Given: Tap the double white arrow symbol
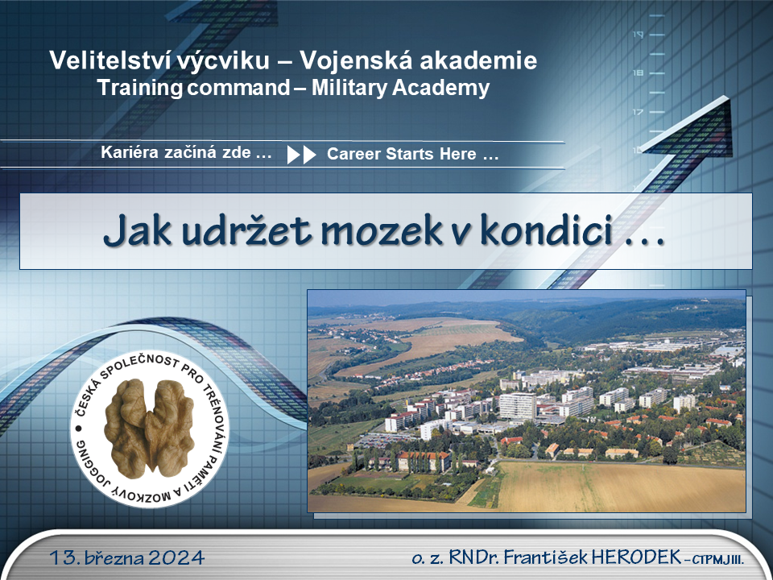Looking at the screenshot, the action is (301, 155).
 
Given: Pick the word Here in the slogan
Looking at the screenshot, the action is (458, 154).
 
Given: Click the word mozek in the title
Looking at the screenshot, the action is (382, 231).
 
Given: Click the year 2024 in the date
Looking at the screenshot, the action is (176, 557).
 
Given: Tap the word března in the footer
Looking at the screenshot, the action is (114, 557).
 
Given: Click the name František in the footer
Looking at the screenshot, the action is (545, 557).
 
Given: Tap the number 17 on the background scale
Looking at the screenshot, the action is (638, 112).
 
